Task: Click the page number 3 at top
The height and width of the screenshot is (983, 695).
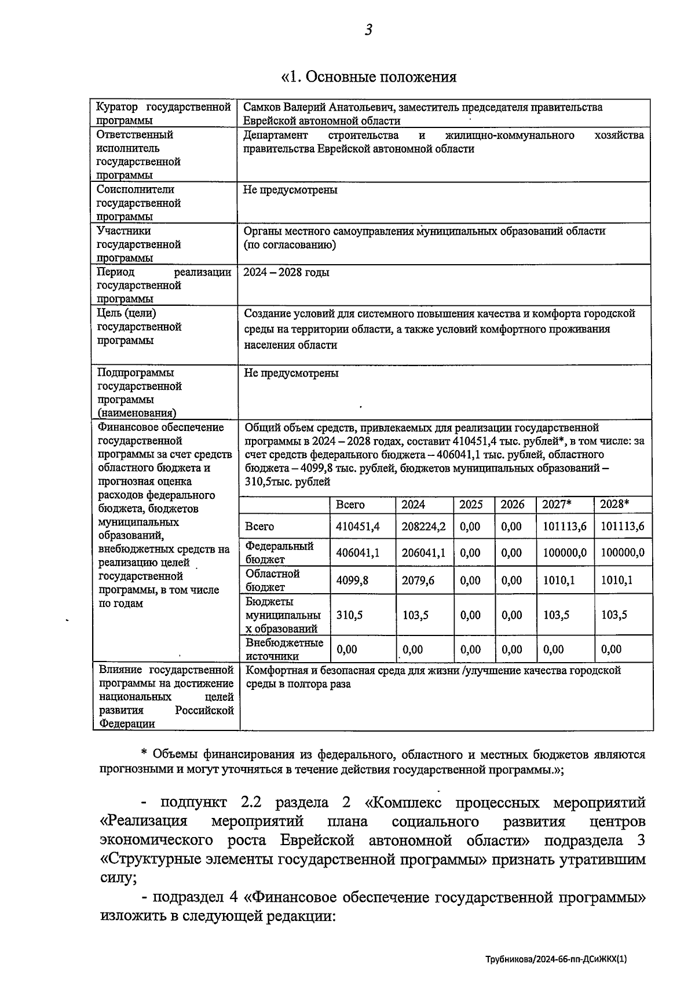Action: click(368, 30)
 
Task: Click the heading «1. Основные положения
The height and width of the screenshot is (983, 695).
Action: click(368, 77)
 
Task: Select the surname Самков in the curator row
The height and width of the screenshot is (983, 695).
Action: click(261, 107)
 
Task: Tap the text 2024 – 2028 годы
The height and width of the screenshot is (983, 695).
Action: click(286, 272)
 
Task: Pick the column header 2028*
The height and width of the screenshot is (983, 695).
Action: click(614, 504)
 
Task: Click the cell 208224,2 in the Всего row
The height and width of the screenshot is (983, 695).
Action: click(423, 527)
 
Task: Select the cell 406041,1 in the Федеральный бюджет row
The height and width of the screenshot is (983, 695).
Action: click(357, 553)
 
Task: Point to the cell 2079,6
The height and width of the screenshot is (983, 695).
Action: click(418, 580)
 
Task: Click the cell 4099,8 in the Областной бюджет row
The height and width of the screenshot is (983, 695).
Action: click(352, 580)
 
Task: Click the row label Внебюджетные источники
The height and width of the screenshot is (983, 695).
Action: click(284, 649)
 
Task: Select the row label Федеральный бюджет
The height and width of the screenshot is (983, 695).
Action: click(279, 553)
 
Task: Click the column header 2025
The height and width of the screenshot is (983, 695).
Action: click(471, 504)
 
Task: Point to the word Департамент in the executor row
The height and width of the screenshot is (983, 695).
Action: click(276, 135)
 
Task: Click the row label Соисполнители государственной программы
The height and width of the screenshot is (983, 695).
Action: click(139, 203)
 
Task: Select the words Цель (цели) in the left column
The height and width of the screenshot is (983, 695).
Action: click(126, 313)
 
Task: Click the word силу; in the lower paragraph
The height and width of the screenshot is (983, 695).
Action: click(118, 878)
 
